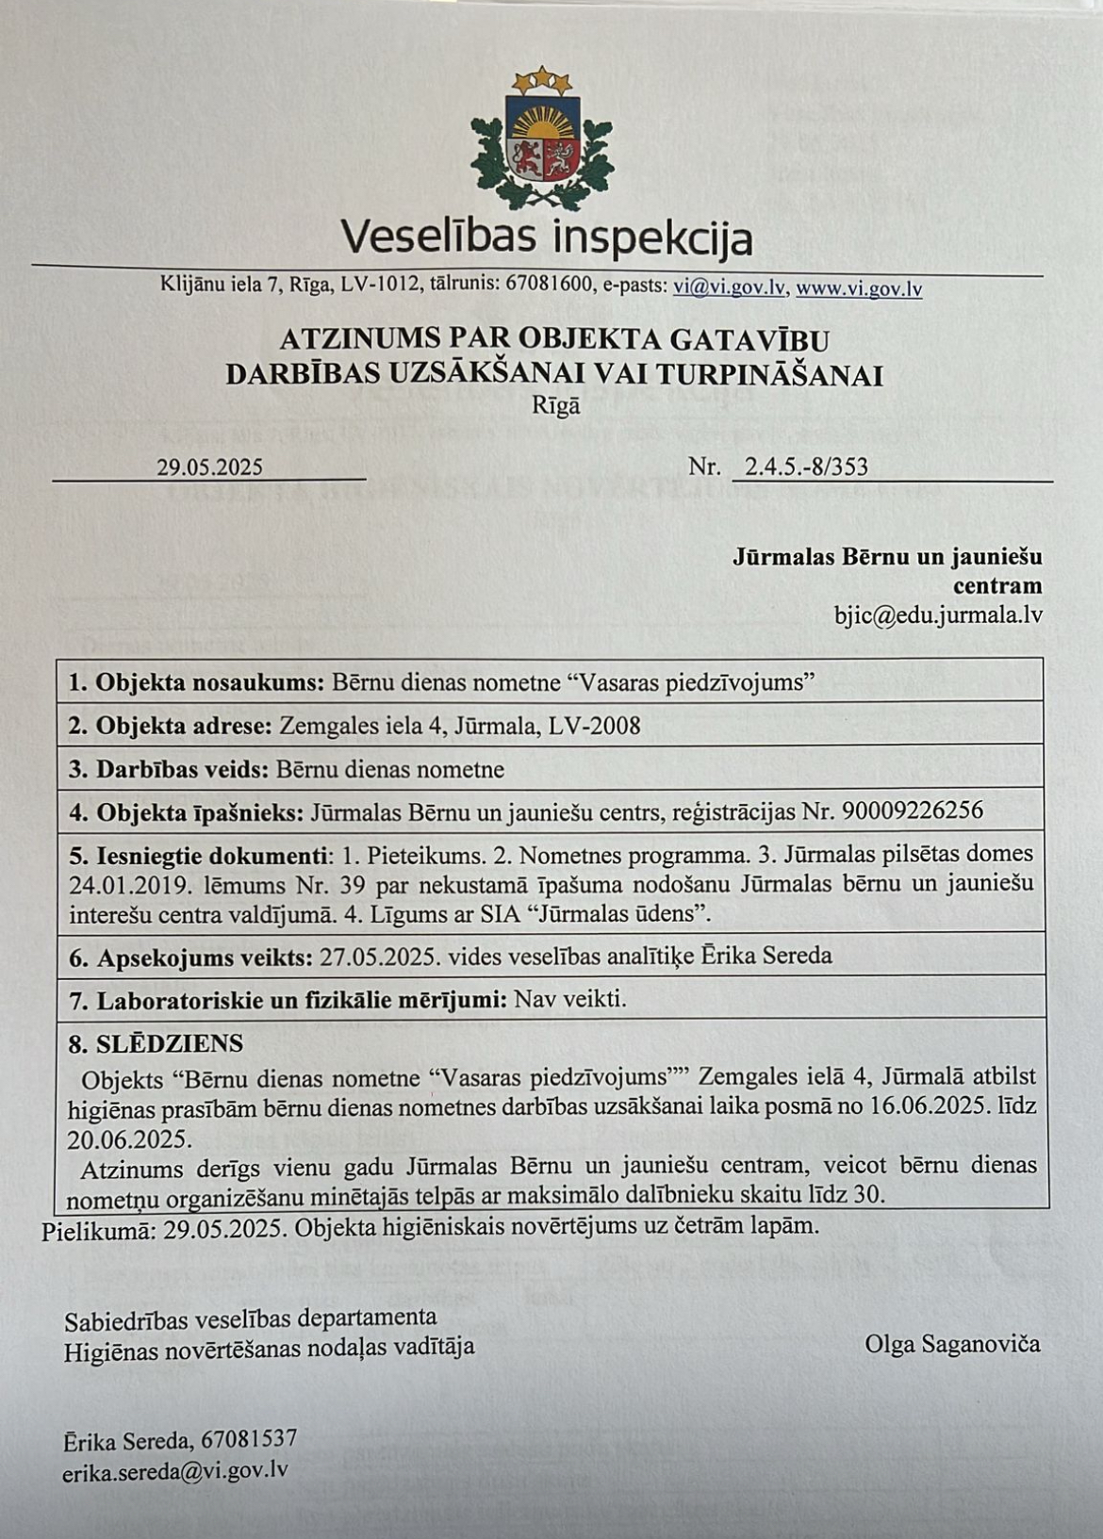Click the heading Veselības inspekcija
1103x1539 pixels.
click(x=546, y=238)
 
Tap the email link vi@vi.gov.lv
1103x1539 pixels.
click(x=729, y=287)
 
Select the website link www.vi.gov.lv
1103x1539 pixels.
click(x=859, y=288)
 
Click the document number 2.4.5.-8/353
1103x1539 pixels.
click(x=806, y=467)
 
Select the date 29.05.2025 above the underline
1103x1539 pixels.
click(x=209, y=467)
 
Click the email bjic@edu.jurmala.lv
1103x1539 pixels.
click(x=938, y=615)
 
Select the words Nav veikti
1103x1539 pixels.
click(x=569, y=998)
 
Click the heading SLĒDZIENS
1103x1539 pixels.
click(x=169, y=1043)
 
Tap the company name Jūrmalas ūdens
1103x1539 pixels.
click(x=623, y=913)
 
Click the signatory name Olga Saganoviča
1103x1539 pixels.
click(x=952, y=1343)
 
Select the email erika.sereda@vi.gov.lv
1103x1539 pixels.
click(x=175, y=1469)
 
